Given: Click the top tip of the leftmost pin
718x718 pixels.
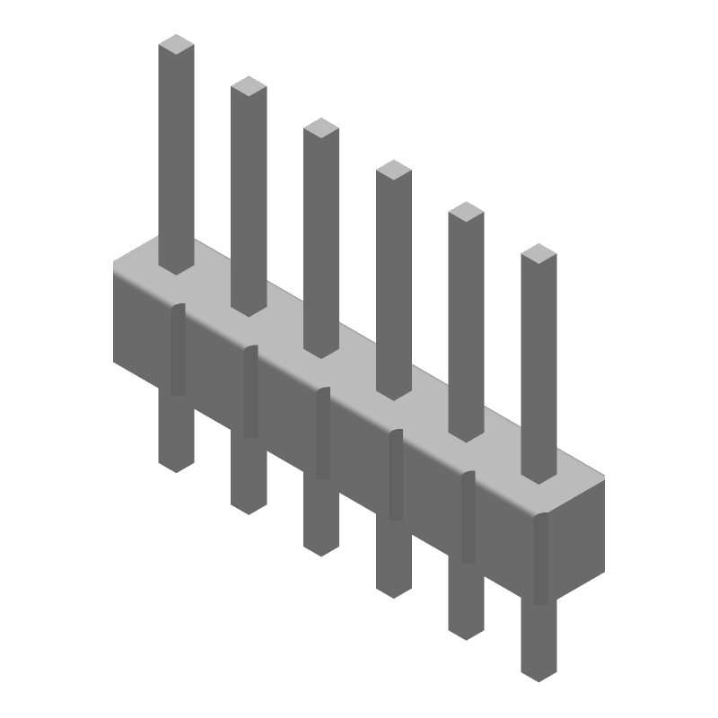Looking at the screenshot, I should (176, 45).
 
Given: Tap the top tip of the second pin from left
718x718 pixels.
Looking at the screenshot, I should (249, 86).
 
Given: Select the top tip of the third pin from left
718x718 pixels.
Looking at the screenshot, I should (321, 128).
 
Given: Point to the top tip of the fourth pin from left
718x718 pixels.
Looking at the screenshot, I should (393, 170).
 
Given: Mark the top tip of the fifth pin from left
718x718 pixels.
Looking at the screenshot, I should (466, 212).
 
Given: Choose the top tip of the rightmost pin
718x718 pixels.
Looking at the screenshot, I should (538, 254).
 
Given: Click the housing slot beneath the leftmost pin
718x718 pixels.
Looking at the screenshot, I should (178, 350).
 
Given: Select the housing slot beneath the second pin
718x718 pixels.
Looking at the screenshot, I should (250, 391).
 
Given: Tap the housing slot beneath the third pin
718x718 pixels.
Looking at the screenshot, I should (323, 433).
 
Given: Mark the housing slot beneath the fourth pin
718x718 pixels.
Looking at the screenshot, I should (395, 476).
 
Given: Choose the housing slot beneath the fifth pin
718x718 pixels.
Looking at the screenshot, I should (468, 518).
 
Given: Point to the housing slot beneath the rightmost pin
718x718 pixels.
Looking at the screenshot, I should (540, 559).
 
